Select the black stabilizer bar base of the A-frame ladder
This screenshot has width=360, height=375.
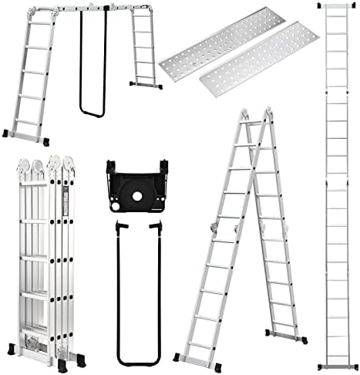tap(285, 336)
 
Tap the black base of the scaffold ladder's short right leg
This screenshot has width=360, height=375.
tap(145, 83)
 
